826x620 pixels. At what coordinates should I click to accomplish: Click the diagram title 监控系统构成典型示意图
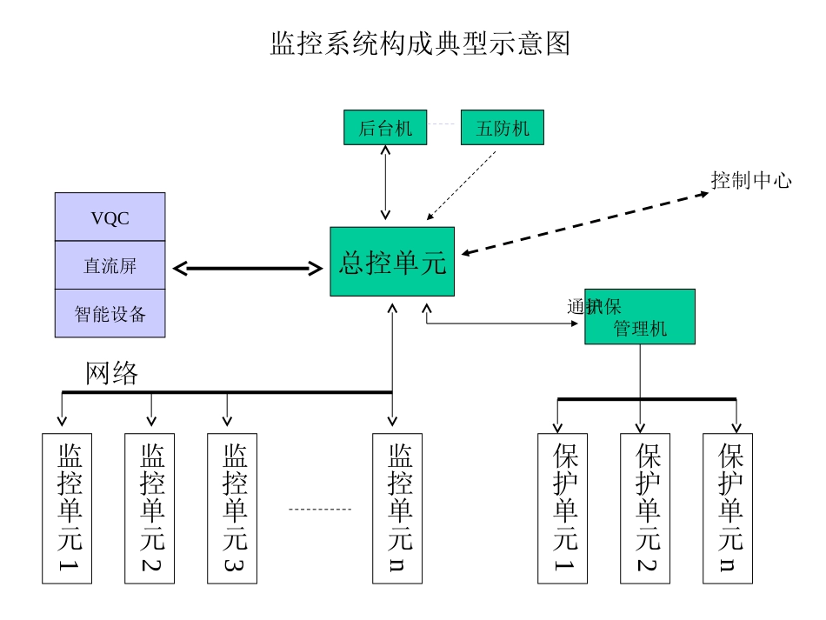point(420,43)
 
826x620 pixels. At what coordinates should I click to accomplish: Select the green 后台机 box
point(385,128)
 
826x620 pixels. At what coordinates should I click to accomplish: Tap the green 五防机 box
point(502,128)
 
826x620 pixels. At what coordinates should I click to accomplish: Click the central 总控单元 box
point(392,262)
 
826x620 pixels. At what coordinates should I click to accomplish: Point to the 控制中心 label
point(751,181)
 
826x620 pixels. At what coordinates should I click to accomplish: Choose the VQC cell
point(110,217)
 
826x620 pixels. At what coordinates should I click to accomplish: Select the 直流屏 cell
point(110,265)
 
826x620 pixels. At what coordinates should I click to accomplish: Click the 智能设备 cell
point(110,313)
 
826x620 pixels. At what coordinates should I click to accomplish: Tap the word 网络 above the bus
point(111,373)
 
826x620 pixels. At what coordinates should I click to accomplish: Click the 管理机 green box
point(640,317)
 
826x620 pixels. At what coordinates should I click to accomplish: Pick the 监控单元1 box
point(67,508)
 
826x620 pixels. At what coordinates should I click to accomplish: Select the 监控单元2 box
point(150,508)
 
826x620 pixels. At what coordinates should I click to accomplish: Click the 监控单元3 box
point(232,508)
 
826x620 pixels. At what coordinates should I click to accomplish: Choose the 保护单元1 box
point(563,508)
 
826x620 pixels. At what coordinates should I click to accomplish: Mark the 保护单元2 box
point(645,508)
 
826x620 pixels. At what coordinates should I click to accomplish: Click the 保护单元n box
point(728,508)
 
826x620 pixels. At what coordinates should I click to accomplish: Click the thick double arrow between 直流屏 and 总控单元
point(248,269)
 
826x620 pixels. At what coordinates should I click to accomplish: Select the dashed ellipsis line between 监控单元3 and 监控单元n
point(319,509)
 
